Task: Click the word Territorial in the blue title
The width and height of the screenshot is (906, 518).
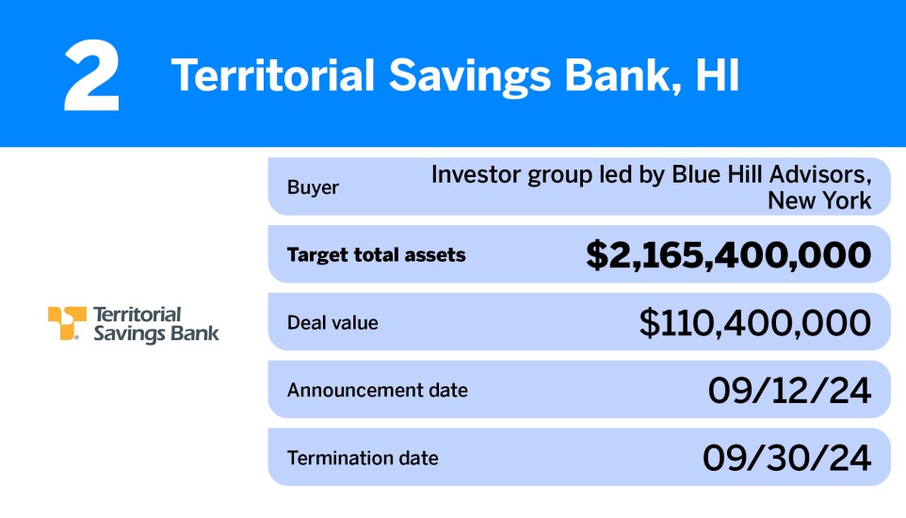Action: click(x=272, y=76)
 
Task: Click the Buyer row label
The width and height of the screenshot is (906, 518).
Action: click(x=313, y=187)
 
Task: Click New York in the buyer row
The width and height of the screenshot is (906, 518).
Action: click(x=818, y=200)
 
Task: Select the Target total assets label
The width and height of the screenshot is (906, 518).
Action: click(x=376, y=254)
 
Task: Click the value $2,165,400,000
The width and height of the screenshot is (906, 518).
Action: click(x=728, y=255)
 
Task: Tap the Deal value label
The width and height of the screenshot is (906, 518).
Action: click(x=332, y=322)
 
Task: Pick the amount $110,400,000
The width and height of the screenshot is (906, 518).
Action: click(x=754, y=323)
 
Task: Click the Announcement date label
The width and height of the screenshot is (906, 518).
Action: click(x=377, y=390)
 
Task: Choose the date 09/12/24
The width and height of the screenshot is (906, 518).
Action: click(x=789, y=391)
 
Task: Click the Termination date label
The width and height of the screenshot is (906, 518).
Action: click(x=363, y=459)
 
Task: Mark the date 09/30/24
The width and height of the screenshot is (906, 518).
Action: click(x=786, y=459)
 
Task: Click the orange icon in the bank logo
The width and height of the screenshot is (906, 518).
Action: click(x=67, y=323)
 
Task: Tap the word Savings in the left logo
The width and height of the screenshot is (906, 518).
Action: click(x=127, y=333)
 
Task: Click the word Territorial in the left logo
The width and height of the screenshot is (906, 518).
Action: click(x=138, y=314)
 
